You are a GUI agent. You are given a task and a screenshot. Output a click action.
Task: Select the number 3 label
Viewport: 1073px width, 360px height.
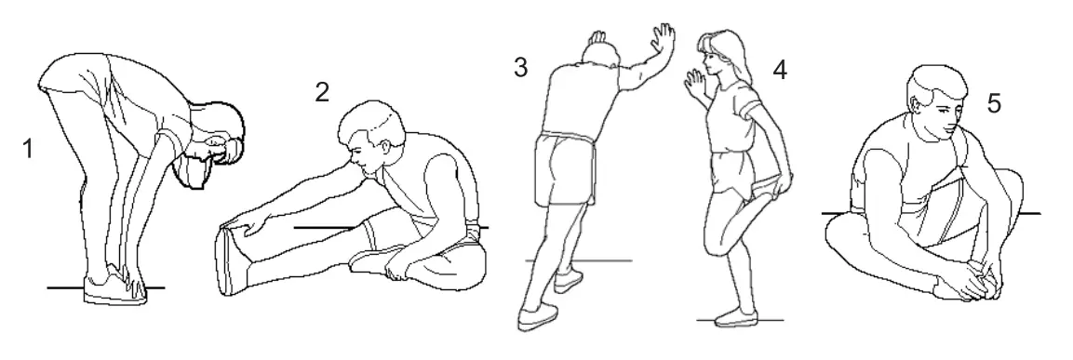point(522,68)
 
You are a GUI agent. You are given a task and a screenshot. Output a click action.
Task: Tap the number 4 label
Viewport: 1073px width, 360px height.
point(780,70)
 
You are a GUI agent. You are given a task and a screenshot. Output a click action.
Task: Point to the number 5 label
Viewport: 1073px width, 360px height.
point(994,104)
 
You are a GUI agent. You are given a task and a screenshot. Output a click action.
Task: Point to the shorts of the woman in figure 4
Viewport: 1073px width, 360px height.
point(725,171)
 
